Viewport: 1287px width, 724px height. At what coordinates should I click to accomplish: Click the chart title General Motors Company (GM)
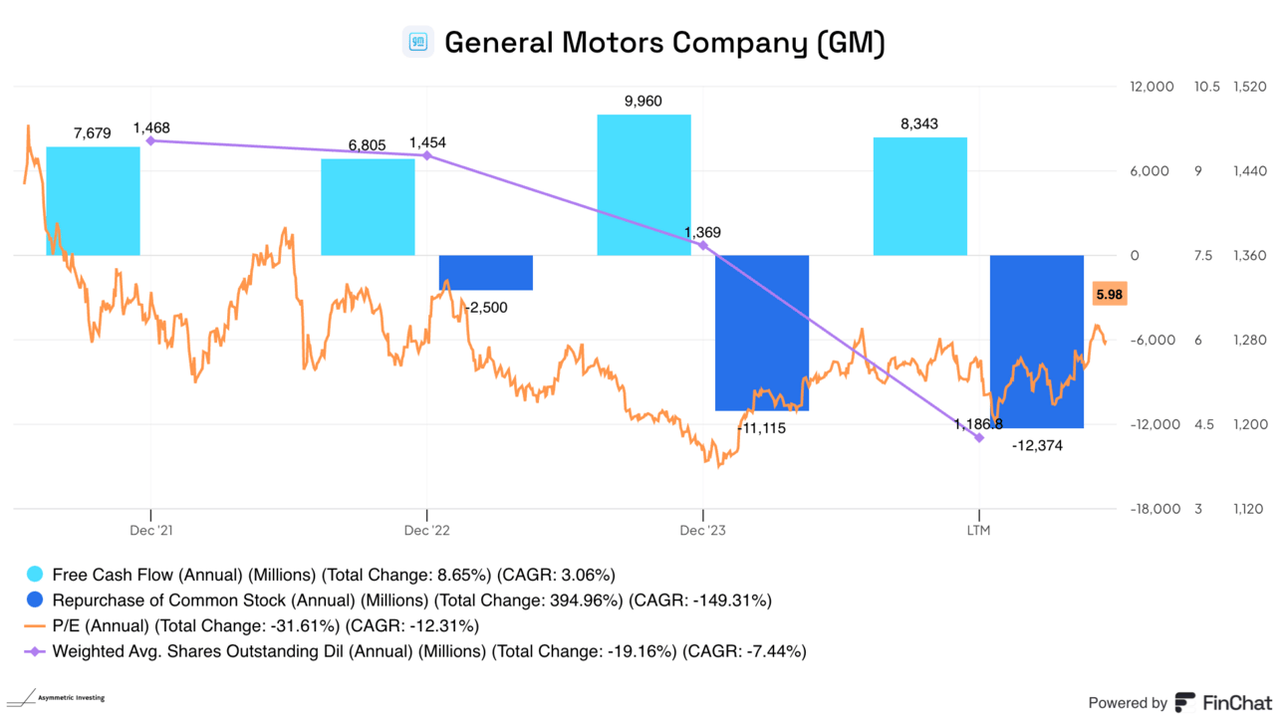click(664, 43)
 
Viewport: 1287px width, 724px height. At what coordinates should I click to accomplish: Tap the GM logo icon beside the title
click(418, 43)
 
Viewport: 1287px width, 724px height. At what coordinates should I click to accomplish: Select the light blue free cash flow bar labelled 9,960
click(643, 184)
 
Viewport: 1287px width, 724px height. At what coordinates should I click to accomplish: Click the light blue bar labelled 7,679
click(93, 200)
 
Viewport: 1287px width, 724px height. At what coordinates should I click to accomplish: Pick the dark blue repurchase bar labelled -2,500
click(486, 273)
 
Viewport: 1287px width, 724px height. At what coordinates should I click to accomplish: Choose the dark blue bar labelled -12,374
click(1036, 342)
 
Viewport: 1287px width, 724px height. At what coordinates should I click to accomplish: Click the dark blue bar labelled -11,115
click(762, 333)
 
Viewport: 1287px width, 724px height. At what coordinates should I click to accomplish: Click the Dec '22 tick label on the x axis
click(427, 531)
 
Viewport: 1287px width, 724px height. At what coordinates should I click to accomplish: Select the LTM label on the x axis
click(979, 531)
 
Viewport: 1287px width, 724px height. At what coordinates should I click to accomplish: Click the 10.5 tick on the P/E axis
click(1206, 87)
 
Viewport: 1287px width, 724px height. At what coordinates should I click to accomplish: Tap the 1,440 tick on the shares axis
click(1249, 171)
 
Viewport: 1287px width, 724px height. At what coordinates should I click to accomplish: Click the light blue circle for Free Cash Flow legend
click(35, 575)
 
